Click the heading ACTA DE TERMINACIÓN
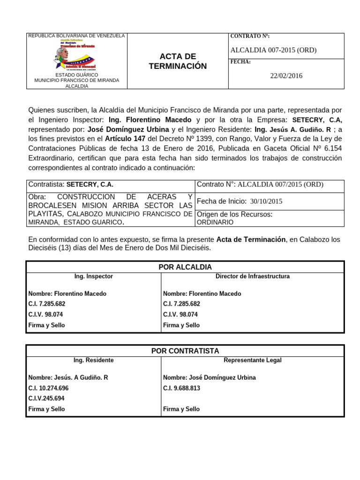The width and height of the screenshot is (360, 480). coord(178,61)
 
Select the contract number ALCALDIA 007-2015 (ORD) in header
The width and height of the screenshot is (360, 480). coord(274,50)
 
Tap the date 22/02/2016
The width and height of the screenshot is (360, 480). coord(286,76)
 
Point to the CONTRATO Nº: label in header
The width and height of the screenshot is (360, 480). coord(250,37)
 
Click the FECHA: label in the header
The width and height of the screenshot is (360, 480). coord(241,62)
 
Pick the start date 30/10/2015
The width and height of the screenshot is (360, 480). coord(266,201)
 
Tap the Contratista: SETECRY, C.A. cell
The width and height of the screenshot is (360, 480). coord(71,185)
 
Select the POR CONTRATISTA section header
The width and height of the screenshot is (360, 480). coord(185,351)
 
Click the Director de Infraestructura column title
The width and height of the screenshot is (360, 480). coord(252,277)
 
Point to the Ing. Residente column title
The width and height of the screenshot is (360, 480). coord(93,360)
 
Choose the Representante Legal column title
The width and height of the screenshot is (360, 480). coord(252,360)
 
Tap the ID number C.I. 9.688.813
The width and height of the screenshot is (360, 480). coord(182,388)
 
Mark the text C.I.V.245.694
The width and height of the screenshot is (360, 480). coord(46,398)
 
